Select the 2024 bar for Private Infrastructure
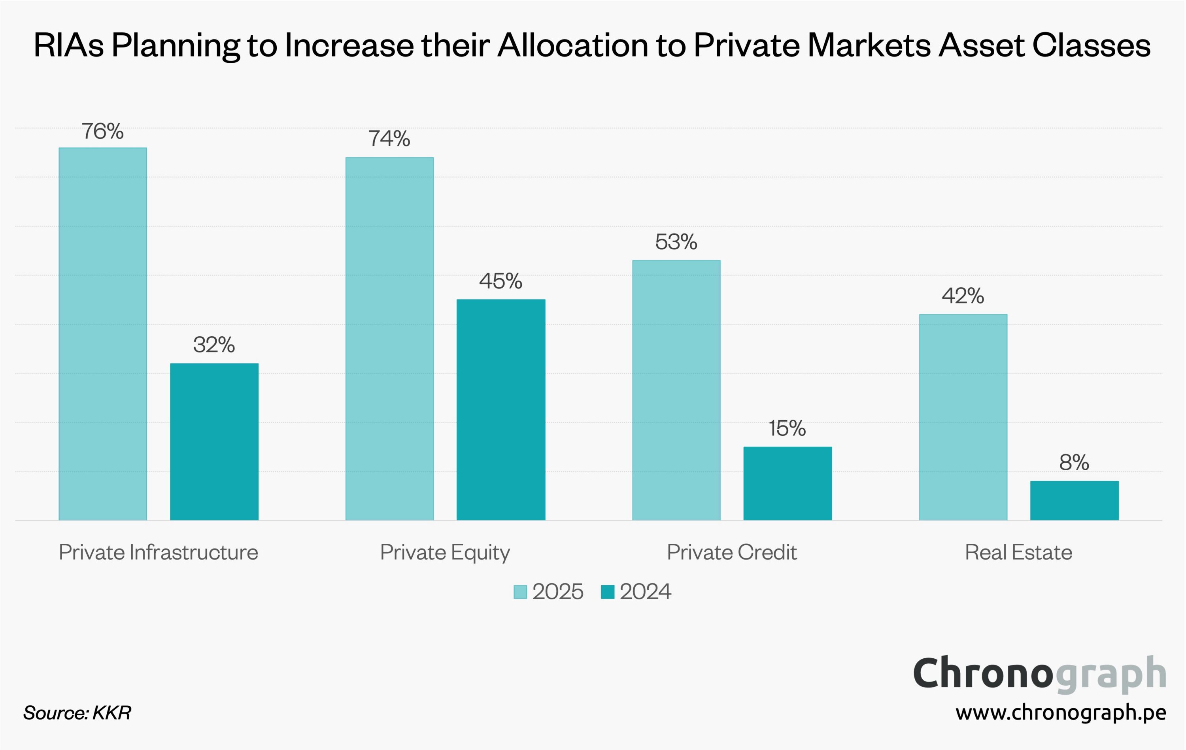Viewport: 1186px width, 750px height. point(214,442)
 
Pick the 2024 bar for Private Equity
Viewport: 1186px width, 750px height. point(501,410)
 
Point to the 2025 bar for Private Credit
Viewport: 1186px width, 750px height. point(676,390)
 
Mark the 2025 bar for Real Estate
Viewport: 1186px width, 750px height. point(963,417)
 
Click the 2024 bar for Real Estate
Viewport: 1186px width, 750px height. point(1074,500)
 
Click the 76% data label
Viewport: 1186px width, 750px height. point(102,132)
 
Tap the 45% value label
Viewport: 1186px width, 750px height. point(501,281)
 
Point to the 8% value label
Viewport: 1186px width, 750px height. point(1074,462)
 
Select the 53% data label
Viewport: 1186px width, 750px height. point(676,242)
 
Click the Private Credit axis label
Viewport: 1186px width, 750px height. point(731,552)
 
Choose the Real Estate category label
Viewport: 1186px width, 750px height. point(1018,552)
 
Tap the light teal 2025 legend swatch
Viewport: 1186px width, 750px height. point(520,592)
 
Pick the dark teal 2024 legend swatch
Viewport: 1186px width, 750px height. point(608,592)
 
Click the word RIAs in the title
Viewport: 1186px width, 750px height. point(69,45)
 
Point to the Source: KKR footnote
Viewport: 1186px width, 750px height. point(77,712)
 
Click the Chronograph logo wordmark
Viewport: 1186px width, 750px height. point(1039,673)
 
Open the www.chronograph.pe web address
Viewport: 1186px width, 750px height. point(1060,712)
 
